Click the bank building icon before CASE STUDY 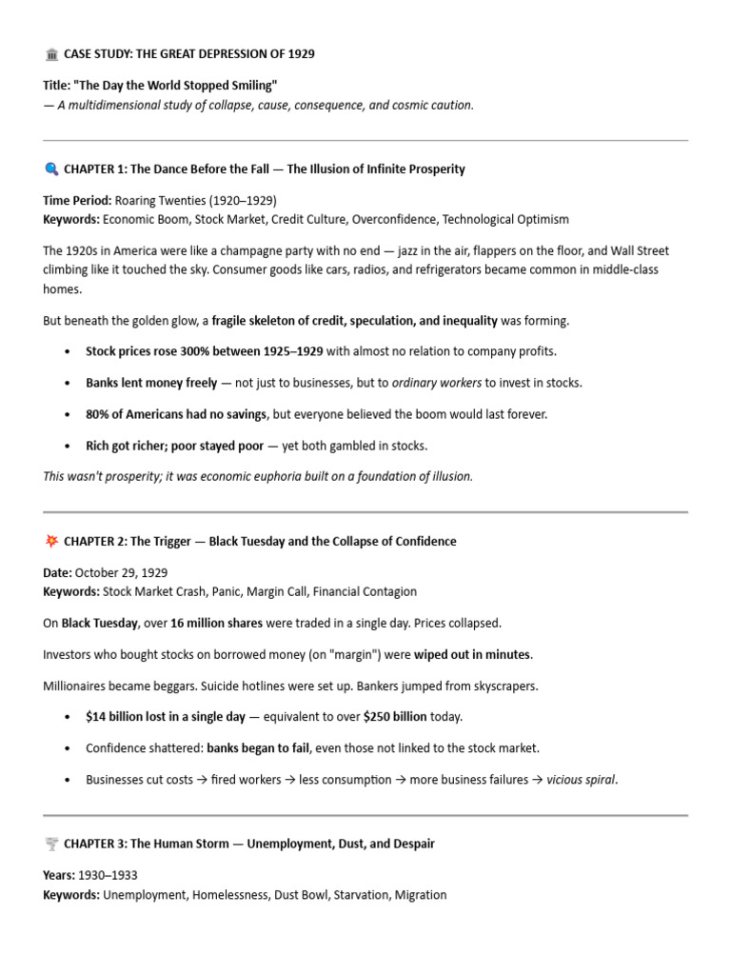[x=51, y=54]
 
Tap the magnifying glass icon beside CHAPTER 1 [x=51, y=169]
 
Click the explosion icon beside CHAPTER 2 [x=51, y=542]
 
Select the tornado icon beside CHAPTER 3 [x=51, y=845]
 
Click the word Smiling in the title [x=250, y=86]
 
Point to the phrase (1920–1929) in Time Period [x=244, y=201]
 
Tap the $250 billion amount [x=395, y=716]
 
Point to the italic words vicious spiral [x=581, y=779]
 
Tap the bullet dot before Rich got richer [x=67, y=446]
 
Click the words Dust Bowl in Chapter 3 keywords [x=300, y=895]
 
